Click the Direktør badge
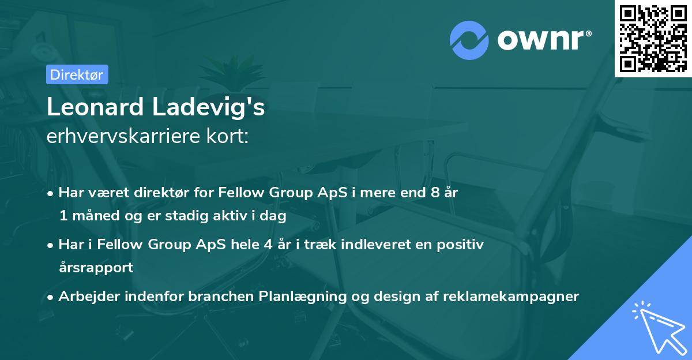pyautogui.click(x=77, y=74)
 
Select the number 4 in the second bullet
pyautogui.click(x=267, y=245)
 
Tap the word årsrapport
pyautogui.click(x=96, y=267)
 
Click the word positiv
pyautogui.click(x=463, y=245)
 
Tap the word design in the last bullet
pyautogui.click(x=394, y=297)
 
